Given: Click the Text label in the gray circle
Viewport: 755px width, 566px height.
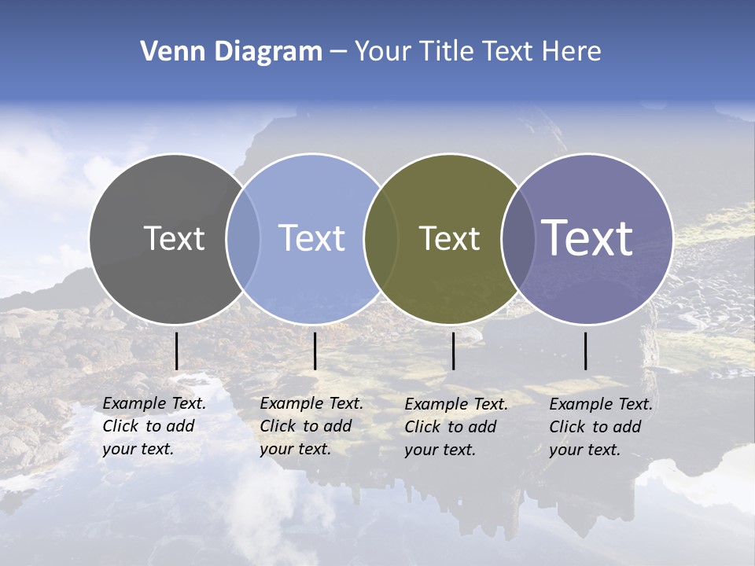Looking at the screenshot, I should [x=174, y=238].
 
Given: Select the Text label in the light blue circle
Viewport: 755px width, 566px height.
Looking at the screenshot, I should [x=311, y=238].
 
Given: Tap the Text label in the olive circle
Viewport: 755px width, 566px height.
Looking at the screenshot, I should [x=449, y=238].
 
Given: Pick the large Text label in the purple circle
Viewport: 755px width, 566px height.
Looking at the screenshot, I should [x=587, y=238].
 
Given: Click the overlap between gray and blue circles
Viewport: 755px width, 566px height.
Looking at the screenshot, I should [x=243, y=239].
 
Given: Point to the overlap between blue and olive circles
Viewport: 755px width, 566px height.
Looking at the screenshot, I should [x=381, y=239].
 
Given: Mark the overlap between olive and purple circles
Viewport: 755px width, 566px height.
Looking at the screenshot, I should [x=517, y=239].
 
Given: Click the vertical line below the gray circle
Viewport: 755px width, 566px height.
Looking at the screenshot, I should [x=176, y=351].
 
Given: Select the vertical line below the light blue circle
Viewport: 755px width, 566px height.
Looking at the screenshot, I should [x=315, y=351].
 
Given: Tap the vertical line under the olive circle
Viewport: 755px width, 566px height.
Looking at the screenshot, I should [x=453, y=351].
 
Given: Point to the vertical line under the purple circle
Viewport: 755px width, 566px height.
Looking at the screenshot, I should [x=585, y=351].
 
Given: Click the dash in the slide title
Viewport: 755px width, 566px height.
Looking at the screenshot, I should [x=338, y=52].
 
